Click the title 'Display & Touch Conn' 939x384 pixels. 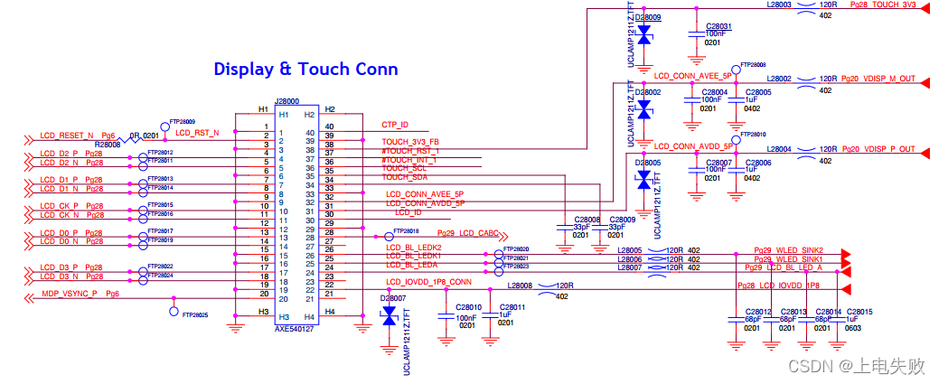click(x=305, y=69)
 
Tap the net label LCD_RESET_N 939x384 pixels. click(x=67, y=136)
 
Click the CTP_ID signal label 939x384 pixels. click(x=395, y=125)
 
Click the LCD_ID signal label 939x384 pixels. click(x=408, y=213)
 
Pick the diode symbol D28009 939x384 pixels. click(x=643, y=34)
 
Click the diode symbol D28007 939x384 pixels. click(x=390, y=315)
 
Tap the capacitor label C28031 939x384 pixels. click(x=718, y=26)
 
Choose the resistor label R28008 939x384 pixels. click(x=108, y=144)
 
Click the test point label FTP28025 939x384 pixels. click(x=194, y=315)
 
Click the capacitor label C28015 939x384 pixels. click(x=859, y=312)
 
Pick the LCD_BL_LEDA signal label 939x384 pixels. click(x=412, y=265)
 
